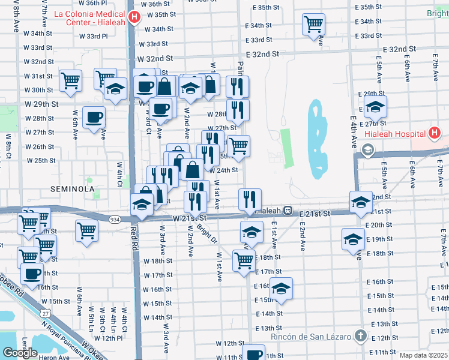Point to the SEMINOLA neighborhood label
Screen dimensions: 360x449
74,189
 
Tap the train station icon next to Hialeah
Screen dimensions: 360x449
289,211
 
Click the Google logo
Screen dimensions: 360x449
20,352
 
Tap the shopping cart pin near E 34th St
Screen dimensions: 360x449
313,25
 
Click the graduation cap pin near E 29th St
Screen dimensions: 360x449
375,106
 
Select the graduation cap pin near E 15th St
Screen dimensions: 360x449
281,289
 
